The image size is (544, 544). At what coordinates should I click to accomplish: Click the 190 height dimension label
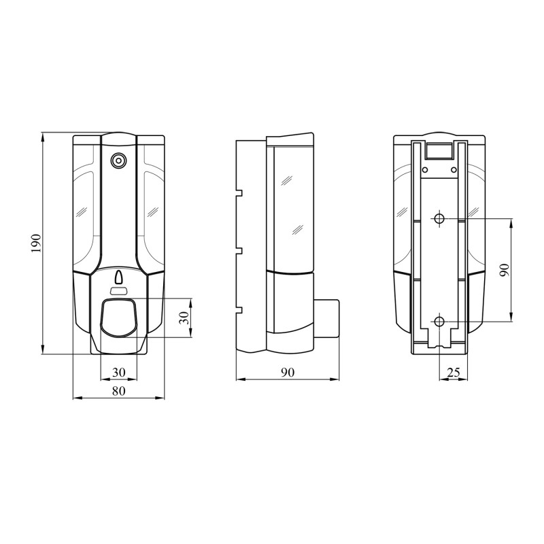tap(36, 243)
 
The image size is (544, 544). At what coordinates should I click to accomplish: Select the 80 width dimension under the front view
tap(119, 390)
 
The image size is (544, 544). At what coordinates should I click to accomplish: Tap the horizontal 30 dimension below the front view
tap(119, 372)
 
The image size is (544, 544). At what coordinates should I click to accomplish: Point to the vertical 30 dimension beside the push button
tap(183, 318)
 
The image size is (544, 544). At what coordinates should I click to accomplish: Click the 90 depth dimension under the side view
tap(286, 372)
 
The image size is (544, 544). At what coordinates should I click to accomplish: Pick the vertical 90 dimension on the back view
tap(504, 270)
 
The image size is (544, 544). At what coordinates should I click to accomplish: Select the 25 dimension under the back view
tap(453, 372)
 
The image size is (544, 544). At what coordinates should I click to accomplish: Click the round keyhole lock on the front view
tap(119, 161)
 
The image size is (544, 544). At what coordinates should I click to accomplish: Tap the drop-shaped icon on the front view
tap(119, 277)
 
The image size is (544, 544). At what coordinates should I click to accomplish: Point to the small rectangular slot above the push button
tap(119, 292)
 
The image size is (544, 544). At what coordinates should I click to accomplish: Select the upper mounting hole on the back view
tap(439, 218)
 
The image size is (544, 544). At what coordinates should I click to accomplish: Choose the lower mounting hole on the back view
tap(439, 321)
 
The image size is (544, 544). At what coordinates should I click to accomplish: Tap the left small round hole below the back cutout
tap(424, 169)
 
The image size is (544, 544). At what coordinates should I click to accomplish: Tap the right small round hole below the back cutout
tap(454, 169)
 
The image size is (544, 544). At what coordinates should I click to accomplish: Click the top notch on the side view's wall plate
tap(239, 193)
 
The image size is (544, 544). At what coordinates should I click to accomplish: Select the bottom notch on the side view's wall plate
tap(239, 311)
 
